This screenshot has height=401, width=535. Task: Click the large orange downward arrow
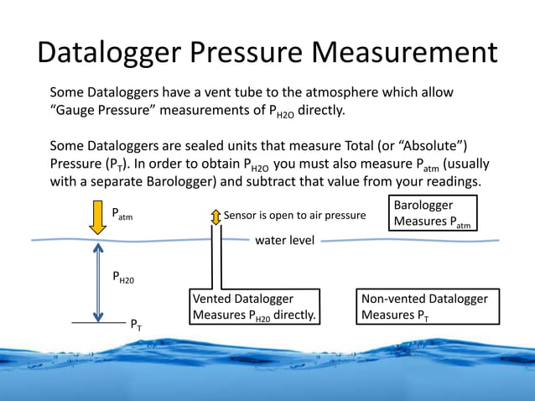[x=98, y=216]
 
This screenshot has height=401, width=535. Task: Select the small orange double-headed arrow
[x=216, y=216]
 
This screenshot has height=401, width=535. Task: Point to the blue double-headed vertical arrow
[x=98, y=281]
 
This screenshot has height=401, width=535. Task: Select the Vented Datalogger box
[x=255, y=307]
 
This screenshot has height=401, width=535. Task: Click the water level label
[x=284, y=241]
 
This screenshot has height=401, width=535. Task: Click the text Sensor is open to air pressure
[x=294, y=216]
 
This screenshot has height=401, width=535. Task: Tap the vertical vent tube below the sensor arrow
[x=216, y=260]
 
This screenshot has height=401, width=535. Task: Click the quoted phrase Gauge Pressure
[x=106, y=111]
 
